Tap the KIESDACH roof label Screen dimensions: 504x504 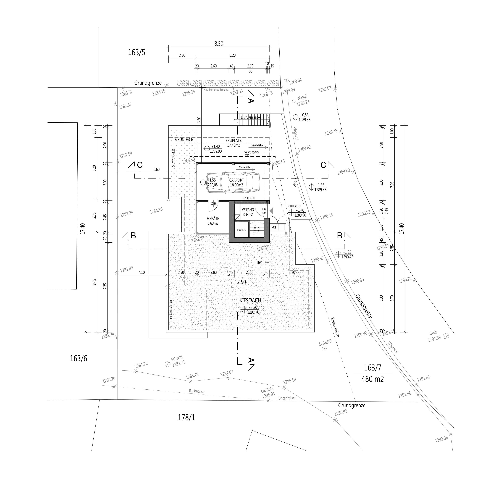coord(250,301)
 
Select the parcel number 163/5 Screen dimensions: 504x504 coord(136,52)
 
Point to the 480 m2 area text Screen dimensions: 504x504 coord(372,379)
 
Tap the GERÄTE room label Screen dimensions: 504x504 coord(213,219)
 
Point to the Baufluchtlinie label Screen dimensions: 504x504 coord(335,327)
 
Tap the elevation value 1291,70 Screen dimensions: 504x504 coord(253,312)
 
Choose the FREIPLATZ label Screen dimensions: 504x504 coord(233,140)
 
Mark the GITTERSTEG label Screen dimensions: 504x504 coord(295,206)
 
